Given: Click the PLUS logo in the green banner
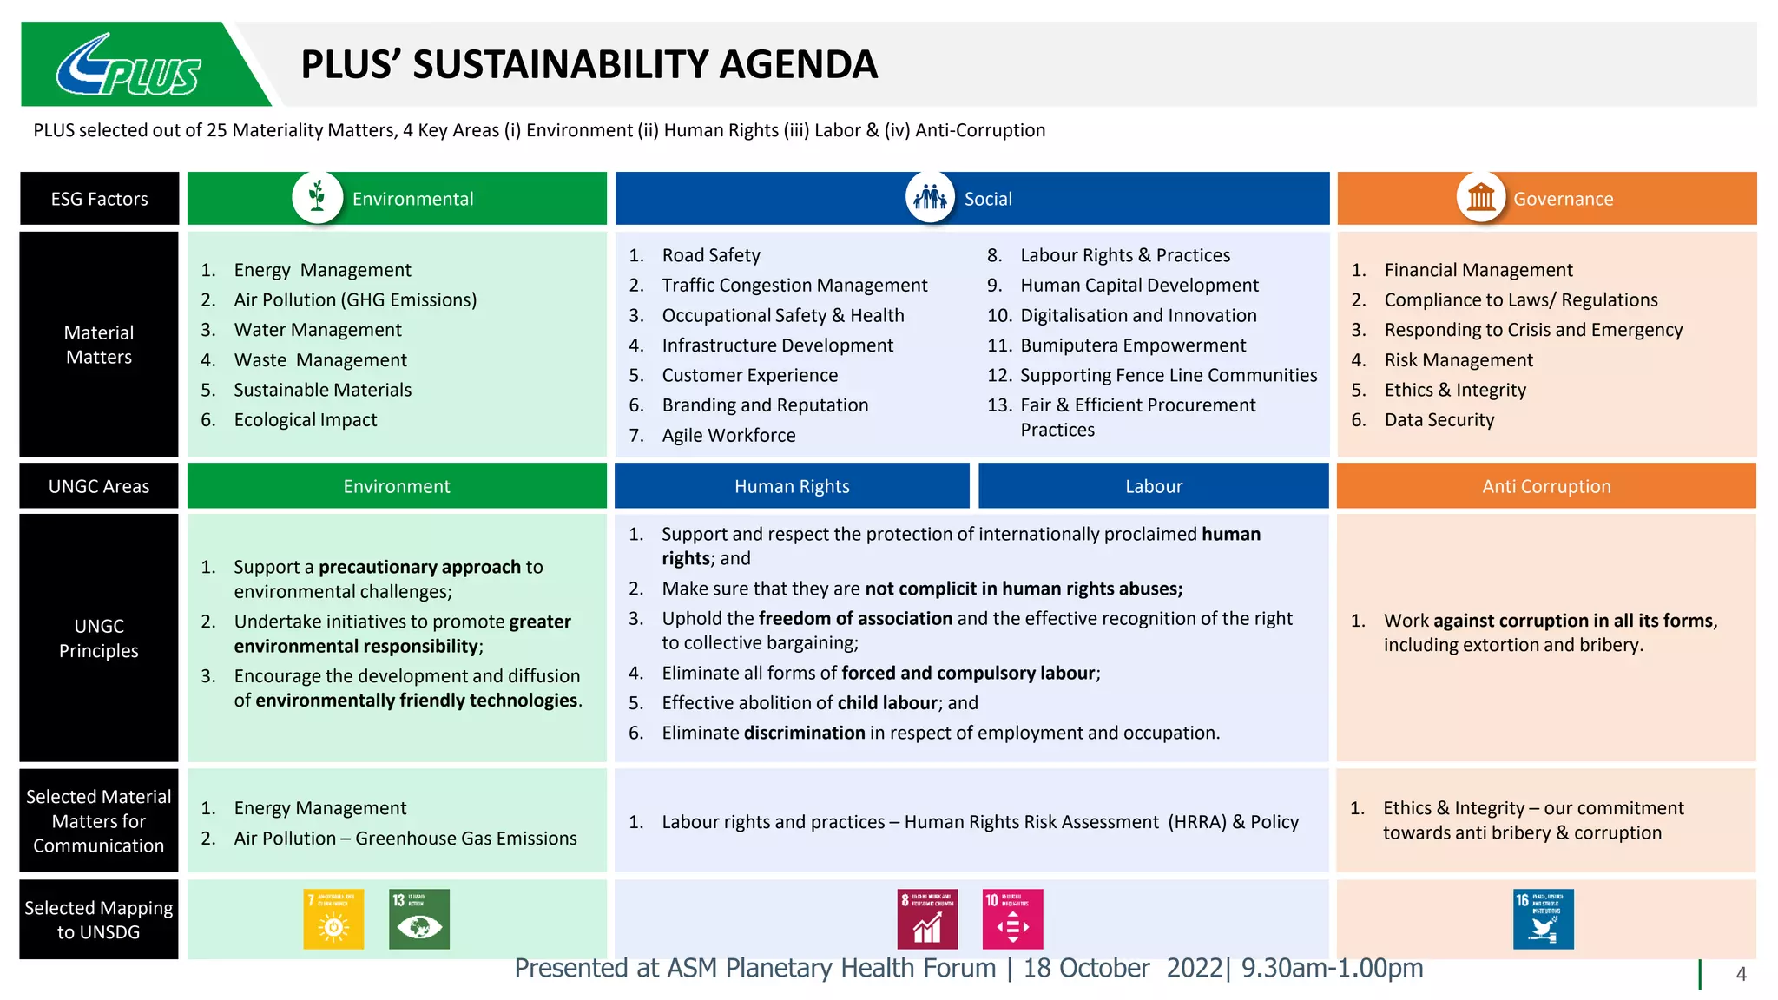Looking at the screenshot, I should pos(128,66).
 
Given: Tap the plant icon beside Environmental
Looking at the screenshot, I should pos(317,197).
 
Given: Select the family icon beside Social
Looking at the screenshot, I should pos(930,197).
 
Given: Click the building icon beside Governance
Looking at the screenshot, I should pos(1481,197).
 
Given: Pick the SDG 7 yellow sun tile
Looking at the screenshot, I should pos(333,918).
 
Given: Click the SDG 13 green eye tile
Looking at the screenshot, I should pos(419,918).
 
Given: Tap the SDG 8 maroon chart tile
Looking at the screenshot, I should pos(927,918).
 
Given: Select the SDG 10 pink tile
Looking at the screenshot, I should pos(1012,918).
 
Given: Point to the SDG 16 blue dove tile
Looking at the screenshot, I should pos(1543,918).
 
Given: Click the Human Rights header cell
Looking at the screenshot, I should pos(792,486).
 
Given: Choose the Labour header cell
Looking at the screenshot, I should pos(1154,486).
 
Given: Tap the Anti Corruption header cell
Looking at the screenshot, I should pos(1546,486).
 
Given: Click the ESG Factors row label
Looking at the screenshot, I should pos(99,199).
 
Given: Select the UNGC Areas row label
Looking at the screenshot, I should pos(99,486).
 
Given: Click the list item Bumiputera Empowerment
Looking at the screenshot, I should pos(1133,345).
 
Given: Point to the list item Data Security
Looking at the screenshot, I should pos(1439,420).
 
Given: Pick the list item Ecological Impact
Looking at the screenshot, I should pos(306,420).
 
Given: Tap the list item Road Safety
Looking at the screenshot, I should pos(711,255).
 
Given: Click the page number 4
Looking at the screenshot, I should pos(1741,974).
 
